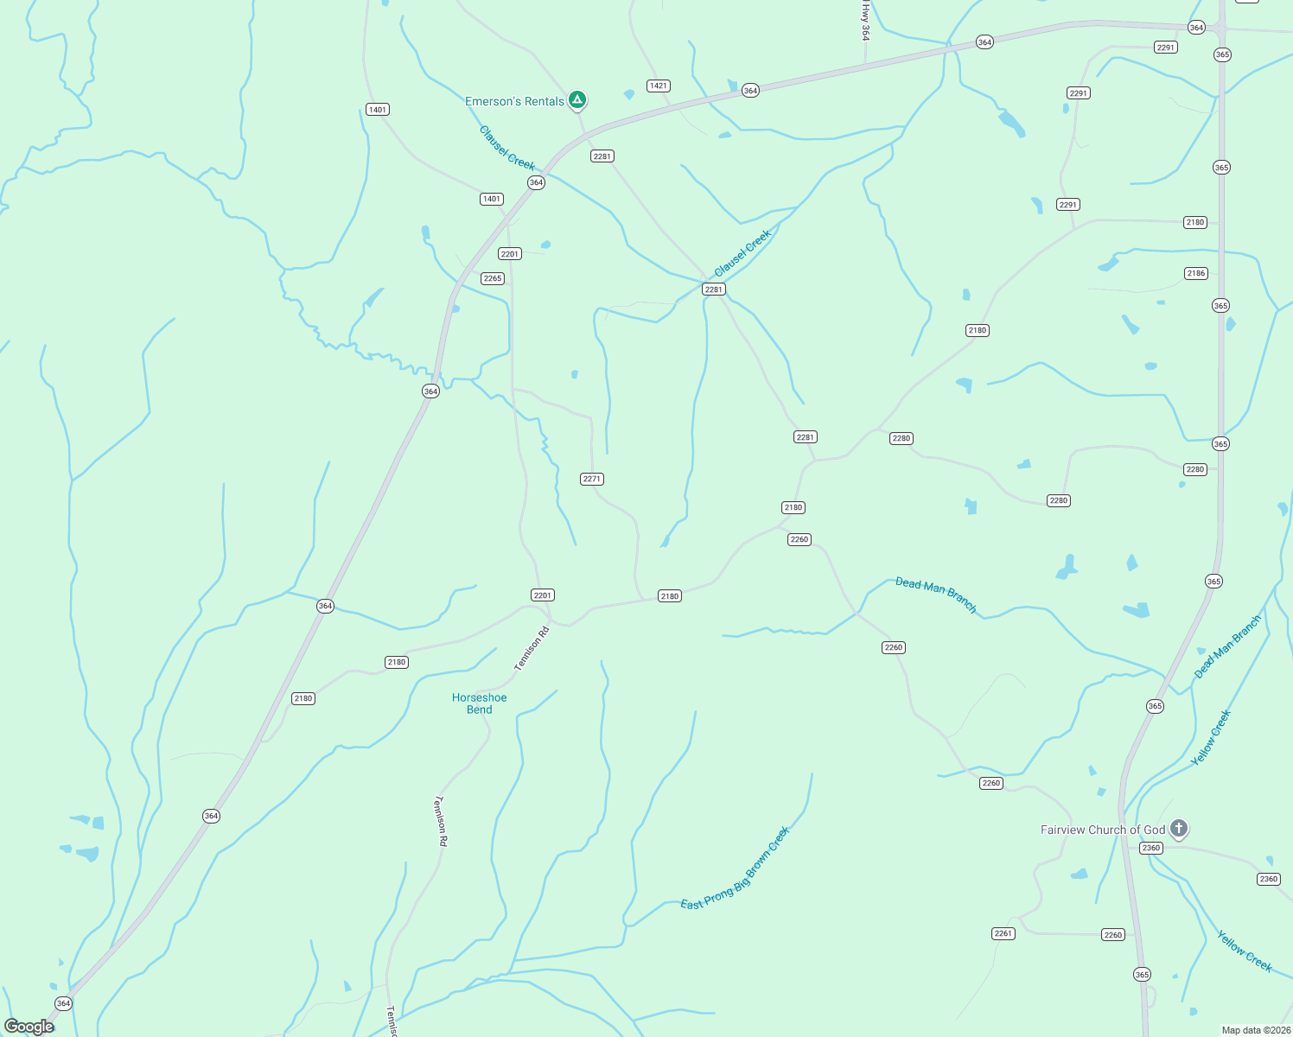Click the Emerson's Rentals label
514,102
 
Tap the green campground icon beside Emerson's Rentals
577,100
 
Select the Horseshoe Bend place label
480,703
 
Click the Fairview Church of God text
1103,830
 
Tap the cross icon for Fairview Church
1178,828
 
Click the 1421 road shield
659,86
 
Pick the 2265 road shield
493,278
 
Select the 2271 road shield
592,479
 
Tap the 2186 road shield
1196,273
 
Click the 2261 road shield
1003,933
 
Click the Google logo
29,1027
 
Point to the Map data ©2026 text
1255,1030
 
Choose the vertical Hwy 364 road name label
865,21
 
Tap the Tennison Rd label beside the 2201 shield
532,649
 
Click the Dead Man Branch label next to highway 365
1228,646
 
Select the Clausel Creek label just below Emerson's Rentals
507,148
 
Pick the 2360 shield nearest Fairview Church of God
1151,848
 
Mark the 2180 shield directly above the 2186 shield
1195,222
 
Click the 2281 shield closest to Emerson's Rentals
602,156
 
